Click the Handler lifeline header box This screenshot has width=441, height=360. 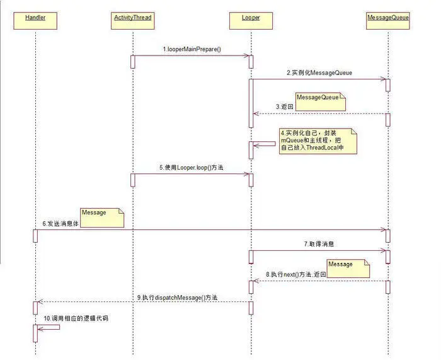coord(35,18)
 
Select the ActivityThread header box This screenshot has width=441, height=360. coord(132,18)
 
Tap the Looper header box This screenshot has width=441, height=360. coord(251,18)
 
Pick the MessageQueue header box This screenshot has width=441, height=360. coord(388,18)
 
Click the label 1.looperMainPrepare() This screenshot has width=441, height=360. coord(192,49)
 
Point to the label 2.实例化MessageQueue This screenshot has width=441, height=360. coord(319,73)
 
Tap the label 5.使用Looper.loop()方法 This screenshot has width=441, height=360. coord(192,168)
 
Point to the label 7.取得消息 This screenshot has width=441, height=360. coord(319,243)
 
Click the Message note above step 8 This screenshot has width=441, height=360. coord(348,268)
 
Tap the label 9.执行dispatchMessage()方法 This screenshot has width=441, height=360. coord(177,297)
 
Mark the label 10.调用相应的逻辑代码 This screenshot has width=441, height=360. coord(76,318)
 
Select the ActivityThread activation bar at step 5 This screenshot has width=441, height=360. coord(133,180)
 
